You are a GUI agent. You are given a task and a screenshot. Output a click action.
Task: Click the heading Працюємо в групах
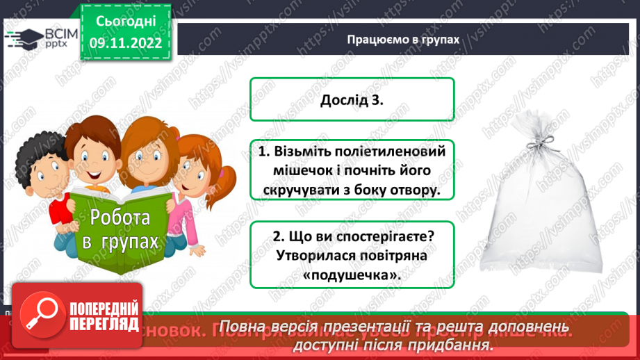pos(404,40)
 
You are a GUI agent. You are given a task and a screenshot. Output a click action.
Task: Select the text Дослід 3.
pos(352,100)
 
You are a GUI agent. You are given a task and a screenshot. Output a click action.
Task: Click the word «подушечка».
pos(352,275)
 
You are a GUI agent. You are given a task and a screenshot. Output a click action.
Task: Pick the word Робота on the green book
pos(119,218)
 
